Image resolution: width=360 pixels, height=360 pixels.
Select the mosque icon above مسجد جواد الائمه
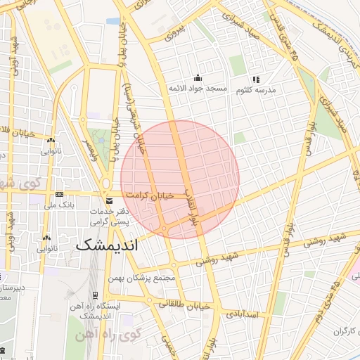click(x=198, y=78)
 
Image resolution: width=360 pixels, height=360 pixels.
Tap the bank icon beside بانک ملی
click(x=59, y=195)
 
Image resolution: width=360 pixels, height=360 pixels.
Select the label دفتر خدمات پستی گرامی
click(x=112, y=215)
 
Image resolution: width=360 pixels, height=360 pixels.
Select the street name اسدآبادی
click(x=244, y=315)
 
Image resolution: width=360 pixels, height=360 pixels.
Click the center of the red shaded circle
click(x=180, y=179)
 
